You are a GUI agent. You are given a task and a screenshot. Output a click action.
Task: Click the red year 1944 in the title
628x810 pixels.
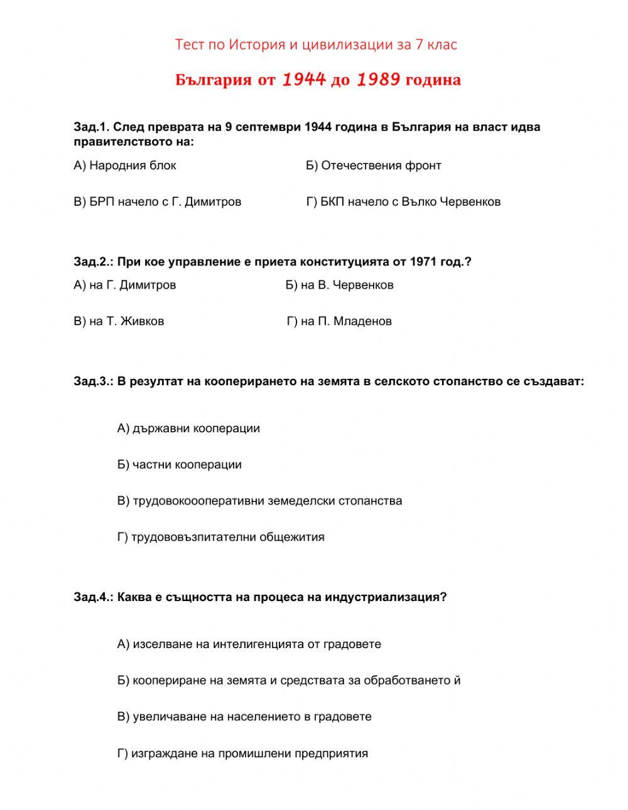pyautogui.click(x=304, y=80)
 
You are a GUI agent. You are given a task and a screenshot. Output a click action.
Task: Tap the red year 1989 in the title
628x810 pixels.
pyautogui.click(x=378, y=80)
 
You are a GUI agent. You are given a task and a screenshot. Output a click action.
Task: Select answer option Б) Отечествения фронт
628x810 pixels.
pyautogui.click(x=374, y=166)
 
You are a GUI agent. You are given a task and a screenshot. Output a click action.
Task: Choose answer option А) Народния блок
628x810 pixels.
pyautogui.click(x=125, y=166)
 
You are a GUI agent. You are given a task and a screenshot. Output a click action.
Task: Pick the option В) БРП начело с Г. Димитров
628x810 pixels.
pyautogui.click(x=157, y=202)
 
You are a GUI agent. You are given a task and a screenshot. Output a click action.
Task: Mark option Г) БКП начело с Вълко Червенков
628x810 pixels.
pyautogui.click(x=403, y=202)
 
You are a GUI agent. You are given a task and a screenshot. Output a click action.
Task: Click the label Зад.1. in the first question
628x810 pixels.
pyautogui.click(x=92, y=127)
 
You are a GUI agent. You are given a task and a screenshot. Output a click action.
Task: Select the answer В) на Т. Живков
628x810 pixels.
pyautogui.click(x=119, y=321)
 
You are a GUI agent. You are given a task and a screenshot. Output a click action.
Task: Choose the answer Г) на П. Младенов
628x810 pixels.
pyautogui.click(x=339, y=321)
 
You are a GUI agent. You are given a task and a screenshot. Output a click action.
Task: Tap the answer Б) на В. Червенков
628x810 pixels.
pyautogui.click(x=339, y=285)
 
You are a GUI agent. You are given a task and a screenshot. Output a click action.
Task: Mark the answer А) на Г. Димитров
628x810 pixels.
pyautogui.click(x=125, y=285)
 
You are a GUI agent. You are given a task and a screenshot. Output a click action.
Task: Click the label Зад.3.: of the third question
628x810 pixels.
pyautogui.click(x=94, y=381)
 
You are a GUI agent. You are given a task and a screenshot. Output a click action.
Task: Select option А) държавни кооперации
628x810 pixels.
pyautogui.click(x=188, y=429)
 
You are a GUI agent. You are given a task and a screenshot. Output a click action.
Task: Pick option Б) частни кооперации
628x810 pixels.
pyautogui.click(x=180, y=465)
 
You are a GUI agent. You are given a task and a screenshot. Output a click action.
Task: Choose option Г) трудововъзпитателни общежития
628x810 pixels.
pyautogui.click(x=221, y=537)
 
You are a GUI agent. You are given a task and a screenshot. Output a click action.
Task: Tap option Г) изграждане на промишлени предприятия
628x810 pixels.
pyautogui.click(x=242, y=754)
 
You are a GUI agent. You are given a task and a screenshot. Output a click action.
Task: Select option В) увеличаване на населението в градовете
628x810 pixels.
pyautogui.click(x=244, y=717)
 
